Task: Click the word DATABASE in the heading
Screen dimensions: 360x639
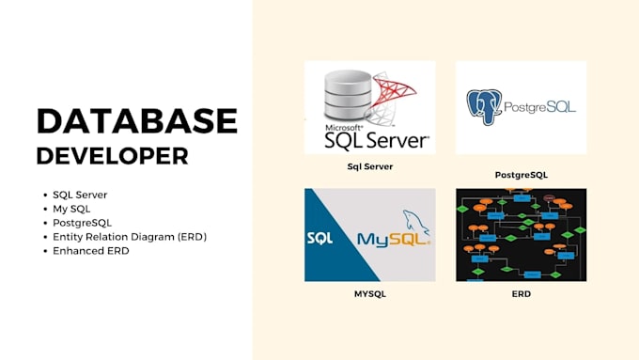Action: [136, 121]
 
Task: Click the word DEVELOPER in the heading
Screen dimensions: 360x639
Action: [112, 155]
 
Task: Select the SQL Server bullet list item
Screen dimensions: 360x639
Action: [80, 195]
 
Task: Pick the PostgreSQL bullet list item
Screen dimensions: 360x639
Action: [83, 223]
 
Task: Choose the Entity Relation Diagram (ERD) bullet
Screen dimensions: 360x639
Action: [130, 237]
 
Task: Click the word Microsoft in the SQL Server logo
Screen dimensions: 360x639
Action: [344, 126]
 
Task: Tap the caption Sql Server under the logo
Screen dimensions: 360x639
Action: [369, 166]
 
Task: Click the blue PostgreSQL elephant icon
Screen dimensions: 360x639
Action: [485, 107]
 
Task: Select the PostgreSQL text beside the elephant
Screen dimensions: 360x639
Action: [539, 107]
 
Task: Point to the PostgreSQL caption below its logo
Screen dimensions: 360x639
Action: [521, 175]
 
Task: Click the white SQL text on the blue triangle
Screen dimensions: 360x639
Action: [319, 239]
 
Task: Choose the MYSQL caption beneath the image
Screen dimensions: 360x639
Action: [369, 294]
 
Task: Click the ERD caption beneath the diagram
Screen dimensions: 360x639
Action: [521, 294]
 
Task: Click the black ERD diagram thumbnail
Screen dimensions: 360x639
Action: [521, 234]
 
